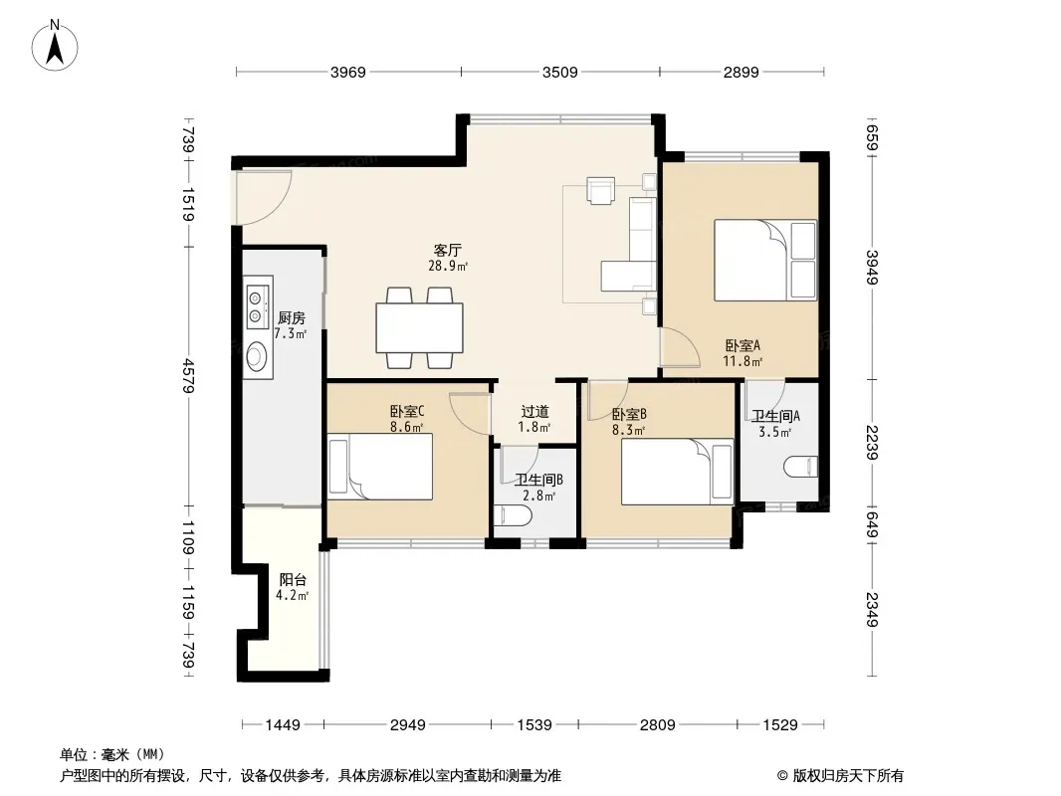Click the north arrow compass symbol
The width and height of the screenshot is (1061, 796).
point(55,45)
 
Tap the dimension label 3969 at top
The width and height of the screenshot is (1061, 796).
point(347,72)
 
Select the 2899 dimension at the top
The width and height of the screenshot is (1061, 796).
point(741,72)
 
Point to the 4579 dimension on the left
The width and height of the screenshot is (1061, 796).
point(189,376)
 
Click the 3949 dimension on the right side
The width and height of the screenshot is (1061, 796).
point(872,268)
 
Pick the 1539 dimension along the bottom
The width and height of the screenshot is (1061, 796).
point(534,725)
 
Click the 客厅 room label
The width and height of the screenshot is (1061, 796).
point(447,250)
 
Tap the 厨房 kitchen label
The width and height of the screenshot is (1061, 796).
point(292,317)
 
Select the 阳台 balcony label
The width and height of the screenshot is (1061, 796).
point(293,579)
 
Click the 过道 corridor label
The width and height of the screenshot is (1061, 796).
point(534,411)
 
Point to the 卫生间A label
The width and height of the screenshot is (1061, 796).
point(775,416)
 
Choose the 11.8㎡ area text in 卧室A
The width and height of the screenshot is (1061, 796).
point(743,361)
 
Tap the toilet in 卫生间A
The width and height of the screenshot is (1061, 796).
point(801,467)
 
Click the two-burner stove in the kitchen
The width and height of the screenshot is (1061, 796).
point(257,306)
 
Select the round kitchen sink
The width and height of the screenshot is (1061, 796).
point(256,356)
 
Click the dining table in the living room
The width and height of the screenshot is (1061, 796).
point(420,328)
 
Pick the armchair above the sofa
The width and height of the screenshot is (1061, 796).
point(601,190)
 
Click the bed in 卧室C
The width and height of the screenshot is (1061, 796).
point(380,467)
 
